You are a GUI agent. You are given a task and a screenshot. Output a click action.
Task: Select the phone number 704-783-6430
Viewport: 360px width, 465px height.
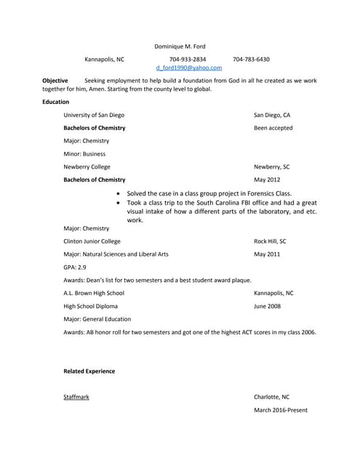pos(251,59)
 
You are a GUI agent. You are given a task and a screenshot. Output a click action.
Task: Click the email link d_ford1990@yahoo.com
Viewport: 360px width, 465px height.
pos(189,68)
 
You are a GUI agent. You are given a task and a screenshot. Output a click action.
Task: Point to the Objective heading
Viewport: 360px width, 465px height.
pos(55,81)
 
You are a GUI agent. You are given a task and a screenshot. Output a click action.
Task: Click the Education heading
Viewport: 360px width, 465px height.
pos(56,102)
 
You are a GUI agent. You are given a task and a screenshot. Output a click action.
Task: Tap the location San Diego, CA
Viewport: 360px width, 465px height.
pos(272,115)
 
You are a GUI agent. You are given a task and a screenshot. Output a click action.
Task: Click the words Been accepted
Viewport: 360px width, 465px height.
pos(273,128)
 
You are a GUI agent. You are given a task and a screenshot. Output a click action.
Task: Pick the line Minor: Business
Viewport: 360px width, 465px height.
pos(84,153)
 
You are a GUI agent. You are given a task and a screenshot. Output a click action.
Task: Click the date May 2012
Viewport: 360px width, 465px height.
pos(267,179)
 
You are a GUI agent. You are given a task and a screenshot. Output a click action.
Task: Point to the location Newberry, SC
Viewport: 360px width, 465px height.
pos(271,166)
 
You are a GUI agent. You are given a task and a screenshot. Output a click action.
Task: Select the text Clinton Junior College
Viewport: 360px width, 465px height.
pos(92,241)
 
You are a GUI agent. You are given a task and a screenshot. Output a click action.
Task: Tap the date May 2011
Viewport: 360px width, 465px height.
pos(267,254)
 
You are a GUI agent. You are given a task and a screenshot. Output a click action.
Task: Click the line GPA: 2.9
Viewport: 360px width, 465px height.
pos(75,267)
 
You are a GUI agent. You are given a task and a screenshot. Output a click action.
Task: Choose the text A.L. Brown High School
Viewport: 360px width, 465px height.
pos(94,293)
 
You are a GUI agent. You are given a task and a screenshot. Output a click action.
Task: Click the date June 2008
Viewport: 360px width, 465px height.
pos(268,306)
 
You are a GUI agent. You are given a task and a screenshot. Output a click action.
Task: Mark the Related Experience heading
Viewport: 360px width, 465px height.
pos(89,371)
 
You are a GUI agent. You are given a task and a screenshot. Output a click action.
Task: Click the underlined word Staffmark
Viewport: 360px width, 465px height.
pos(76,397)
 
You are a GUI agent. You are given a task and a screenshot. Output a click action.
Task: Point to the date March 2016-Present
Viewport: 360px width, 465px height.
pos(280,410)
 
